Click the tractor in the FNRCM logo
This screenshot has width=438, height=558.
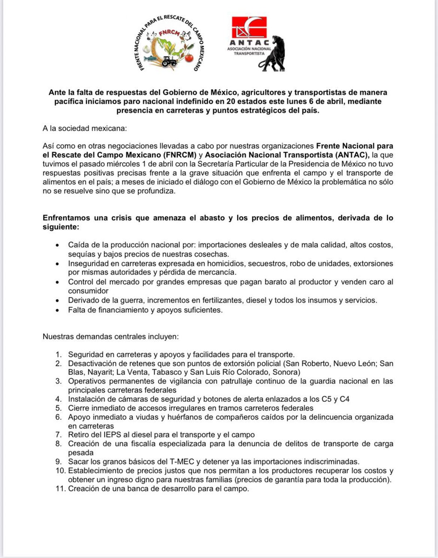coord(169,60)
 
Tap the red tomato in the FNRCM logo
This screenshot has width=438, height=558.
coord(188,58)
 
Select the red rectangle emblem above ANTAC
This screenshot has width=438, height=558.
coord(250,29)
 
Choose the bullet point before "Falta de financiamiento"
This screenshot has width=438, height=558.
coord(57,310)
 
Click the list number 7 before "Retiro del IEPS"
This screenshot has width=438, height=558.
coord(59,434)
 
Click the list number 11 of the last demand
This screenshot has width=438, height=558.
coord(59,489)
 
